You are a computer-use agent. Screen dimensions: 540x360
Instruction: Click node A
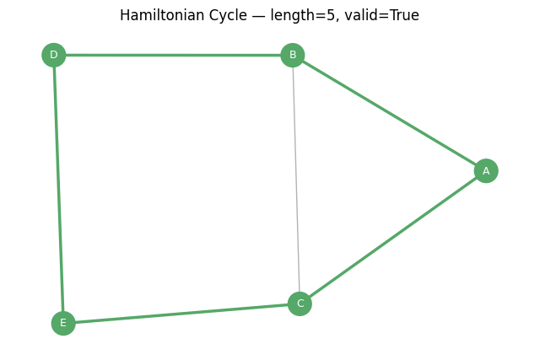click(486, 170)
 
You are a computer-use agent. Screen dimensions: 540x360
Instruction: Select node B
click(293, 55)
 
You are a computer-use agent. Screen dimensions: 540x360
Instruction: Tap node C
click(300, 304)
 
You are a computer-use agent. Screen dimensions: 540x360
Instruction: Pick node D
click(54, 55)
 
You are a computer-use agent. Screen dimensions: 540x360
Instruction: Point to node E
click(63, 323)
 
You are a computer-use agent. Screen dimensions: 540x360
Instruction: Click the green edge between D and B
click(173, 55)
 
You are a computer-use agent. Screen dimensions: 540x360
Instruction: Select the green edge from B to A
click(389, 113)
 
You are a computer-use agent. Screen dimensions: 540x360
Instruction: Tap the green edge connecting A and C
click(392, 237)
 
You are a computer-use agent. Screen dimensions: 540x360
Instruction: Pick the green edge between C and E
click(181, 313)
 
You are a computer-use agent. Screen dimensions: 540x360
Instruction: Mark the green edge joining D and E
click(58, 189)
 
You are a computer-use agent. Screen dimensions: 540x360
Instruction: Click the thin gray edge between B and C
click(296, 180)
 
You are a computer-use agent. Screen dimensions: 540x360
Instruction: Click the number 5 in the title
click(331, 16)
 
